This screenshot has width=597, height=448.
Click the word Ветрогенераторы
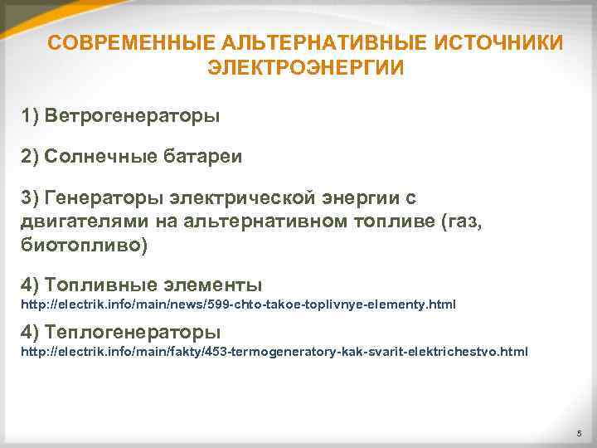[x=133, y=115]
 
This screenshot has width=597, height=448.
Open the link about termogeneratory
[x=274, y=352]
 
